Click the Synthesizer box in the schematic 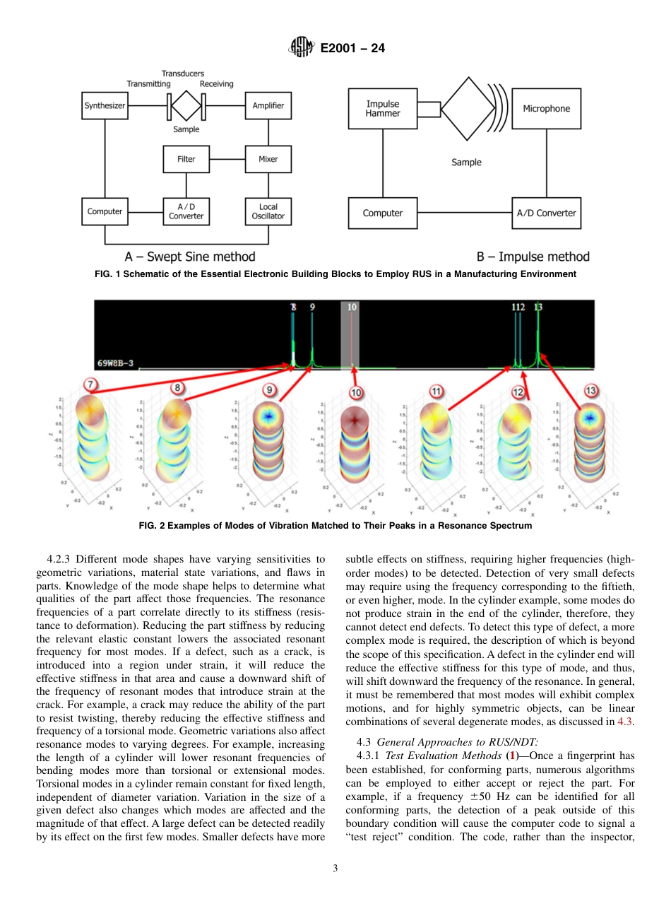105,105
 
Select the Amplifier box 268,105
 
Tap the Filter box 186,159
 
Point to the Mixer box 268,159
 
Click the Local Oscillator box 268,211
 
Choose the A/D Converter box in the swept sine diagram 186,211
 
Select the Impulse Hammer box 382,108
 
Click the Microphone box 546,108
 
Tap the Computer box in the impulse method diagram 382,213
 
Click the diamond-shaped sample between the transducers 186,105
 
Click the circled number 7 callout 90,385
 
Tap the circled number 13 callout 591,391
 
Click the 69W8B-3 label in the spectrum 116,363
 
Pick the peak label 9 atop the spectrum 312,307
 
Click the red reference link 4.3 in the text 625,722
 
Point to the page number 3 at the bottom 335,868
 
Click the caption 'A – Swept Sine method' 190,257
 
